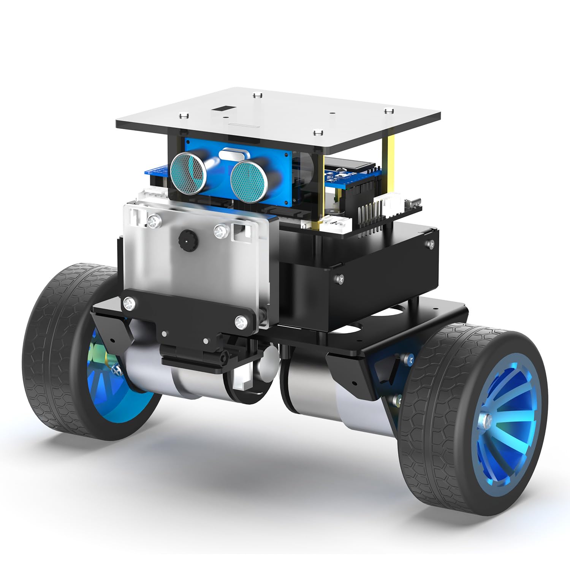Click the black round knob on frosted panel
[x=186, y=239]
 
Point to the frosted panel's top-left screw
[x=154, y=220]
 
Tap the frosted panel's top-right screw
[x=220, y=231]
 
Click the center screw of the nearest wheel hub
[x=488, y=420]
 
